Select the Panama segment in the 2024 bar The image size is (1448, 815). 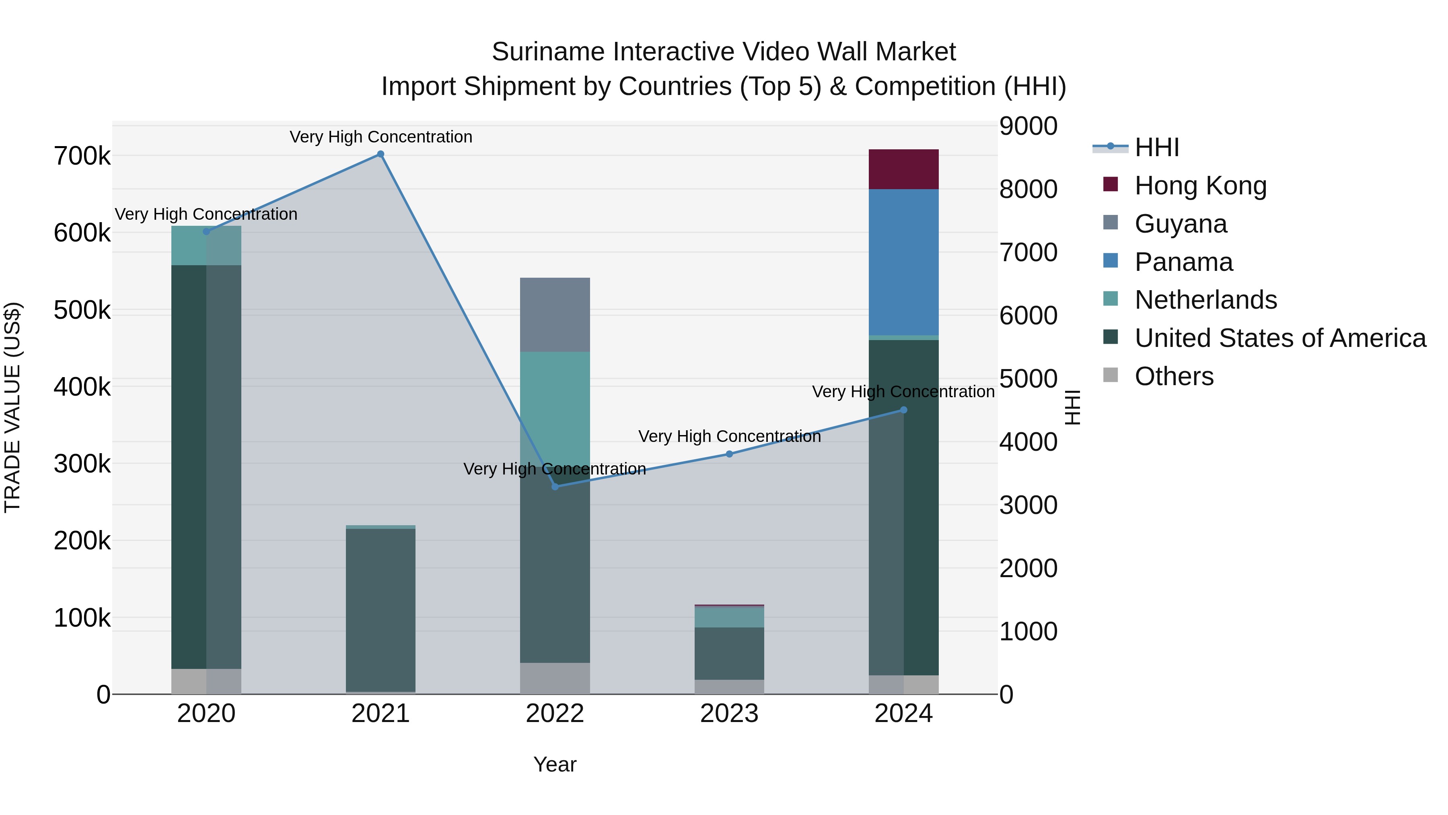pos(903,262)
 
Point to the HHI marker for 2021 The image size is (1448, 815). pos(381,154)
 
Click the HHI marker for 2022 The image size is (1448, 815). pos(555,487)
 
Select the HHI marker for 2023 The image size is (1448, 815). pos(729,454)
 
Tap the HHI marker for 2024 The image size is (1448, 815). pos(903,410)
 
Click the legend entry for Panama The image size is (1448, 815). pos(1183,262)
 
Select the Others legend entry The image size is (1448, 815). pos(1174,376)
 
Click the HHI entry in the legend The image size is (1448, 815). pos(1156,147)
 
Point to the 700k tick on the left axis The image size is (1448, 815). pos(82,157)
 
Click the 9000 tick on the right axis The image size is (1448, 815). pos(1028,126)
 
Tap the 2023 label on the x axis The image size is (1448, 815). pos(729,714)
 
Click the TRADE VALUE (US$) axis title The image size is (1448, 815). pos(12,407)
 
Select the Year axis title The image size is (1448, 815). pos(555,764)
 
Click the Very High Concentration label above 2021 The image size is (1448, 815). pos(381,137)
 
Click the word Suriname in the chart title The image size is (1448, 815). pos(548,52)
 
